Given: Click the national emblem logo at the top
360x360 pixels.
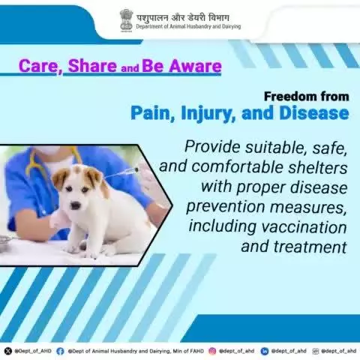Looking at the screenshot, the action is point(126,20).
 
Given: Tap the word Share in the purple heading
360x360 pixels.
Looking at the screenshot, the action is point(92,66).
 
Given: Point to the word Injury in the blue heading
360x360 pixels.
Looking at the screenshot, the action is point(208,113).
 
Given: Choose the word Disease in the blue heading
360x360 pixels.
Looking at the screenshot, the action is point(314,112).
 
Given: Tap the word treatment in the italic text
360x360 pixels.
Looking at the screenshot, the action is point(310,247).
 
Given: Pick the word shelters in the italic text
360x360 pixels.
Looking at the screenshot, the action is point(318,166).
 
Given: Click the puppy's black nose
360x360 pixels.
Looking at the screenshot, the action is point(76,205).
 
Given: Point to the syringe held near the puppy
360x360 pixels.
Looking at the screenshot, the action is point(121,173).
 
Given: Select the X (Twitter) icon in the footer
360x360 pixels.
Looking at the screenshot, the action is point(8,351).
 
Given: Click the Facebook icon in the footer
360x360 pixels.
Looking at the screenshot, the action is point(60,351).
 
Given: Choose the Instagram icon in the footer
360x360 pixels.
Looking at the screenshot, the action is point(212,351).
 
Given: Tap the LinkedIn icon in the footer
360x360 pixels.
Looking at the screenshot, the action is point(264,351).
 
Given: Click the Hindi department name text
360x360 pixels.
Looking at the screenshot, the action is point(182,18).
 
